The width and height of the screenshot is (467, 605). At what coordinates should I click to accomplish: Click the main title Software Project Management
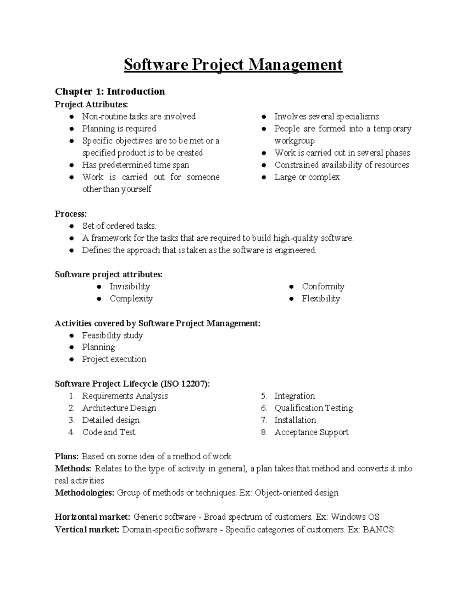pyautogui.click(x=233, y=65)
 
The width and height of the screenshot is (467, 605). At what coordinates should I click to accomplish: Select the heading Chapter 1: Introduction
pyautogui.click(x=110, y=92)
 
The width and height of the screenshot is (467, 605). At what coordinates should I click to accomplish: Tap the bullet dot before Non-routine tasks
pyautogui.click(x=72, y=117)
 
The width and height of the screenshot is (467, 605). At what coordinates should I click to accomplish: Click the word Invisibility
pyautogui.click(x=130, y=287)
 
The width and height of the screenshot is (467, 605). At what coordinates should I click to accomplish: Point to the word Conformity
pyautogui.click(x=323, y=287)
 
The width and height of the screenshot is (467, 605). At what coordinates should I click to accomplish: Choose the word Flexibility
pyautogui.click(x=321, y=299)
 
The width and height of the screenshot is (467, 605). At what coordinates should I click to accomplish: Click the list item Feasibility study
pyautogui.click(x=112, y=335)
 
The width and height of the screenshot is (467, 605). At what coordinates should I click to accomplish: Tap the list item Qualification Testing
pyautogui.click(x=313, y=408)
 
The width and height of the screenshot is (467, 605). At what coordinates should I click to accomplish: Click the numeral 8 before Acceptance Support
pyautogui.click(x=264, y=432)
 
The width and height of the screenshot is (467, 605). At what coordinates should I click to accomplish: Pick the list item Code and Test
pyautogui.click(x=109, y=432)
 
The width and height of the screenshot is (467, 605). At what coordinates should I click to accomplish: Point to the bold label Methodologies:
pyautogui.click(x=84, y=493)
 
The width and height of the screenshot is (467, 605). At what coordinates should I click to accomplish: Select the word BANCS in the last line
pyautogui.click(x=378, y=530)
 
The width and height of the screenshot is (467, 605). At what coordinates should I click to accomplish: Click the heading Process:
pyautogui.click(x=71, y=214)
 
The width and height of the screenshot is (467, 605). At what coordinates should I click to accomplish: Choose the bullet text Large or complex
pyautogui.click(x=307, y=177)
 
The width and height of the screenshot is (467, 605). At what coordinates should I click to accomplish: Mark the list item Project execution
pyautogui.click(x=114, y=359)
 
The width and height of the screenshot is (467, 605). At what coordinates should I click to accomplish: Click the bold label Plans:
pyautogui.click(x=67, y=457)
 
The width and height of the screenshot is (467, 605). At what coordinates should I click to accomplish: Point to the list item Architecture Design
pyautogui.click(x=119, y=408)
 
